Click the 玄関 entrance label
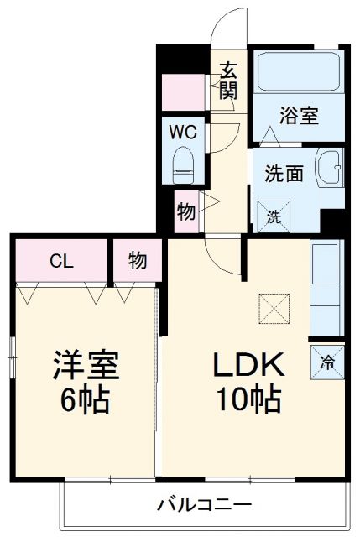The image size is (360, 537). click(x=228, y=81)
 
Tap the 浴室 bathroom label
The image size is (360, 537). click(x=298, y=115)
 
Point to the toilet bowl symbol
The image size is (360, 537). click(x=182, y=164)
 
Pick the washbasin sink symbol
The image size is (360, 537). click(x=330, y=172)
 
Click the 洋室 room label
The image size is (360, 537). click(x=85, y=365)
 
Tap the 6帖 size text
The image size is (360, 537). click(x=85, y=401)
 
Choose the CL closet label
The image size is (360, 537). click(x=60, y=260)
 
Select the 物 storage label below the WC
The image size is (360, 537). click(x=186, y=211)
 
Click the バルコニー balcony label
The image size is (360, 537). click(x=204, y=505)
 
